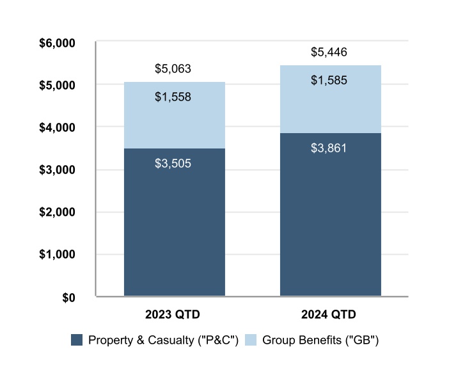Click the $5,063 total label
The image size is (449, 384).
click(173, 68)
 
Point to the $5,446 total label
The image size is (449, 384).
click(329, 52)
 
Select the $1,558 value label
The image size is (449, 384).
click(173, 97)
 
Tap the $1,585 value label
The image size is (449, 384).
click(329, 81)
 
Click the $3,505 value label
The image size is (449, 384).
click(173, 163)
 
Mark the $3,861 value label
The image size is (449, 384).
click(329, 148)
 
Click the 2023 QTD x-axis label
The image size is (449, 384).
click(173, 315)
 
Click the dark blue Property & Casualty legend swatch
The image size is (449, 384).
click(77, 340)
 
